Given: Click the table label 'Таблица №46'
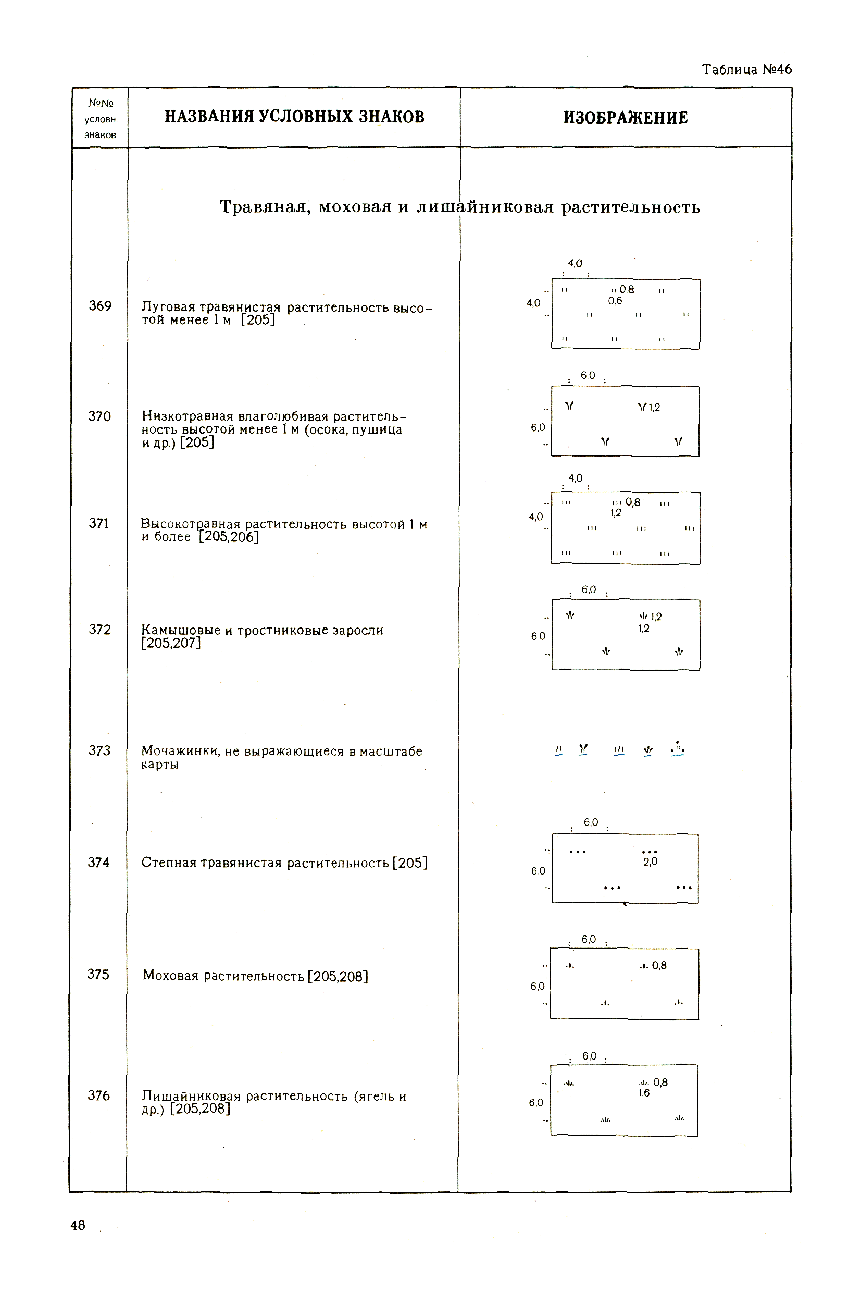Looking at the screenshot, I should [x=746, y=69].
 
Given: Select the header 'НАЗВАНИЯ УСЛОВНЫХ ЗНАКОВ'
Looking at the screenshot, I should [x=294, y=117].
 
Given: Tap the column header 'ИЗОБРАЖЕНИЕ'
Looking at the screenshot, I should [x=626, y=118].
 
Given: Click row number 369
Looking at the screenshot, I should [x=100, y=306].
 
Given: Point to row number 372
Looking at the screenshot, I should [x=99, y=630].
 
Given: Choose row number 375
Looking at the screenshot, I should [x=98, y=975].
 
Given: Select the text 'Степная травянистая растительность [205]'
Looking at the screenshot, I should [x=284, y=863].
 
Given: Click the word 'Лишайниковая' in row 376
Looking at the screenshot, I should [x=191, y=1096].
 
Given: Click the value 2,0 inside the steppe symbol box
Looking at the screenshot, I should [x=650, y=862].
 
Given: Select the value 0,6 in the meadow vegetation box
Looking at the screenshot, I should [x=615, y=301].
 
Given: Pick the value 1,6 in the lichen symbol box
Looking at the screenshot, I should [x=644, y=1093].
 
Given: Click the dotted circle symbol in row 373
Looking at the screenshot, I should [x=678, y=749].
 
